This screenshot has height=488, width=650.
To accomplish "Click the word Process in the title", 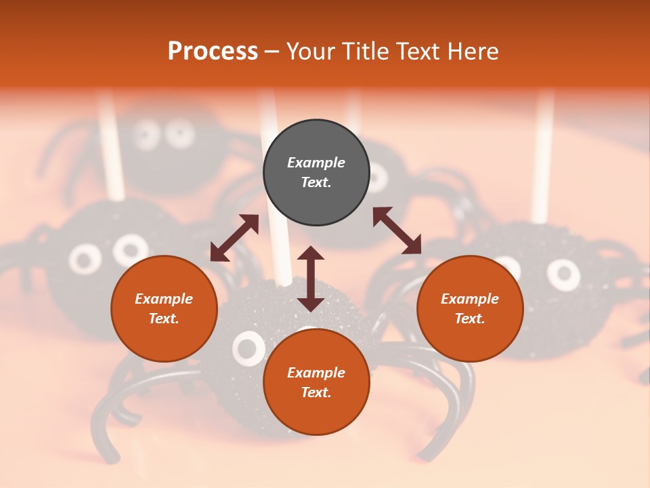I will pyautogui.click(x=213, y=52).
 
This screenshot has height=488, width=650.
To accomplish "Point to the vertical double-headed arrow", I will pyautogui.click(x=311, y=279).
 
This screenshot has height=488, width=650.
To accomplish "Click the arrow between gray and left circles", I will pyautogui.click(x=234, y=238).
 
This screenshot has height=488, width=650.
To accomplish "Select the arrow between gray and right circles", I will pyautogui.click(x=397, y=230).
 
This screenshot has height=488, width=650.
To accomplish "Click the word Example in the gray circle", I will pyautogui.click(x=316, y=163).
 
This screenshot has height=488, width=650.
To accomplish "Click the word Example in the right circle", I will pyautogui.click(x=470, y=299).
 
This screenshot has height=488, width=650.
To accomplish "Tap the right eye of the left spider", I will pyautogui.click(x=130, y=250).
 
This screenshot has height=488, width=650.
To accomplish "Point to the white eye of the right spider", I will pyautogui.click(x=563, y=274).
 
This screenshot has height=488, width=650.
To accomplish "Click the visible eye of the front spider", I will pyautogui.click(x=248, y=348).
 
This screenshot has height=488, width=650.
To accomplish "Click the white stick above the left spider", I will pyautogui.click(x=112, y=149).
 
